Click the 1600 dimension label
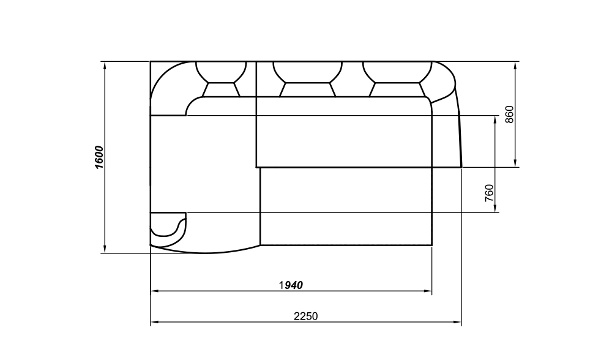(99, 157)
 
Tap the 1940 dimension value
(291, 285)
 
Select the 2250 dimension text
(305, 316)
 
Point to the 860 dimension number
(509, 114)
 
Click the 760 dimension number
(488, 193)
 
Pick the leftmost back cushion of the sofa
(221, 78)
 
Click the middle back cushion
(308, 78)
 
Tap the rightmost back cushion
(397, 78)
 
